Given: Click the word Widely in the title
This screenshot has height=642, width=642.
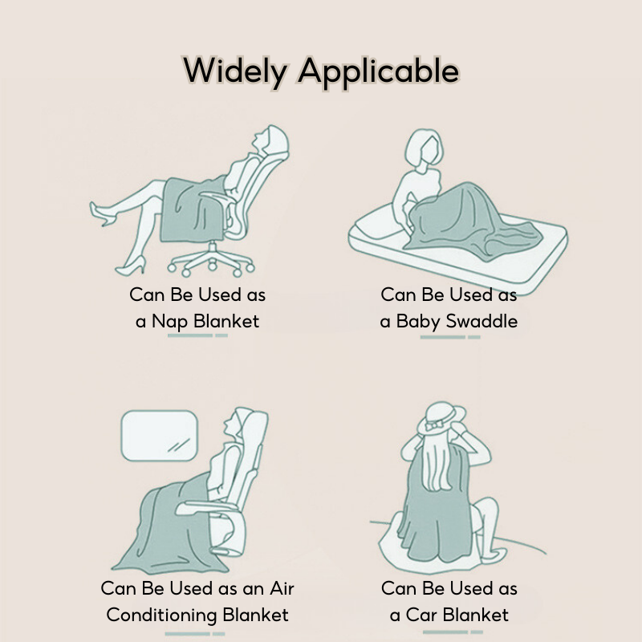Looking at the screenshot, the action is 235,71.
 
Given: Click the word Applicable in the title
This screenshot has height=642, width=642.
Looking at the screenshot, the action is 379,71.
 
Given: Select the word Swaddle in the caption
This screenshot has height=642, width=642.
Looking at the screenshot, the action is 481,321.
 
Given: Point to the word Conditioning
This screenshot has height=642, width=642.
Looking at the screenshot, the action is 161,616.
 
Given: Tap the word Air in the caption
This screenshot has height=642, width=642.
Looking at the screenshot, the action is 282,588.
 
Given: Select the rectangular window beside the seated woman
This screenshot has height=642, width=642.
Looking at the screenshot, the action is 159,436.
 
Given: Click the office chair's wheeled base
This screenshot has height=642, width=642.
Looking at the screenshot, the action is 211,260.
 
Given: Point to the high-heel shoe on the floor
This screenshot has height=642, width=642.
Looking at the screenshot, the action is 131,266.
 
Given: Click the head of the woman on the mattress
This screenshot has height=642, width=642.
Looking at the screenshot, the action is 424,148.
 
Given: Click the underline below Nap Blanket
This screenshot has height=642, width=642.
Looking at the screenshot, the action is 197,335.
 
